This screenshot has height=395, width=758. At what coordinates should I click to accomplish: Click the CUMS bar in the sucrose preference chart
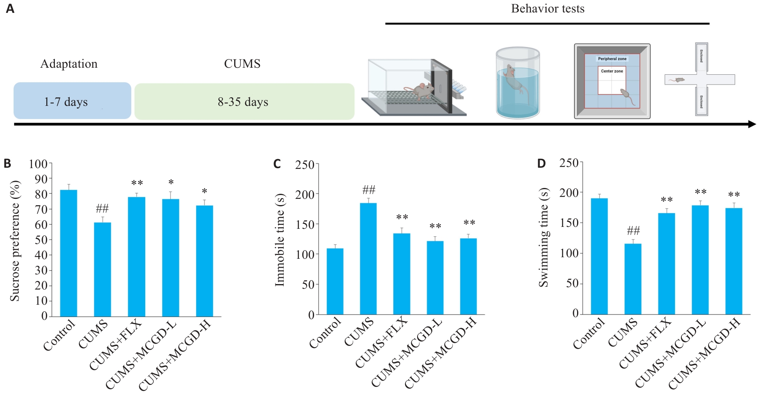[x=102, y=269]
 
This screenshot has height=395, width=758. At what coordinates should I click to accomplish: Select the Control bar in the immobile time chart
[x=335, y=281]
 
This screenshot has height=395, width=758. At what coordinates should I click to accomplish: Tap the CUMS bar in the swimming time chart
[x=633, y=279]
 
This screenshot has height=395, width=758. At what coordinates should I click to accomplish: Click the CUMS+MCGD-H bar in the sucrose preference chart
[x=204, y=261]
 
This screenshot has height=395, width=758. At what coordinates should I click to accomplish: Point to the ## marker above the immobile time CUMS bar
[x=368, y=190]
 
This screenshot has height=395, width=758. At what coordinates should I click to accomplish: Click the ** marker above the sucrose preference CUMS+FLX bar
[x=137, y=183]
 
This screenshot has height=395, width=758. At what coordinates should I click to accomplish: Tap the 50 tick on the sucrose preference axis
[x=41, y=240]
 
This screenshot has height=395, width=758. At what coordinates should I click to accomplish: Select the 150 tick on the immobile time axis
[x=304, y=225]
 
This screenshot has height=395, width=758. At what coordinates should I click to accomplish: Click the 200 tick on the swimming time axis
[x=568, y=193]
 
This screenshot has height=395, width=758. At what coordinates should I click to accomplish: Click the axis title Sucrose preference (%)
[x=15, y=241]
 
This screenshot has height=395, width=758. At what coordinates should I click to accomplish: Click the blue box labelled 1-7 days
[x=72, y=101]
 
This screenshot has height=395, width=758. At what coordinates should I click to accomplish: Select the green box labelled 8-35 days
[x=244, y=102]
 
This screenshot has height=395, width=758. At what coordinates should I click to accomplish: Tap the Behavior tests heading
[x=547, y=9]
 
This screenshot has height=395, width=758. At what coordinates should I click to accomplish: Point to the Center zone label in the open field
[x=612, y=71]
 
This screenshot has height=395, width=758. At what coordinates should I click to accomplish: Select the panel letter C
[x=277, y=164]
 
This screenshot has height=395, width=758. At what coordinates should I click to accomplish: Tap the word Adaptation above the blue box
[x=69, y=64]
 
